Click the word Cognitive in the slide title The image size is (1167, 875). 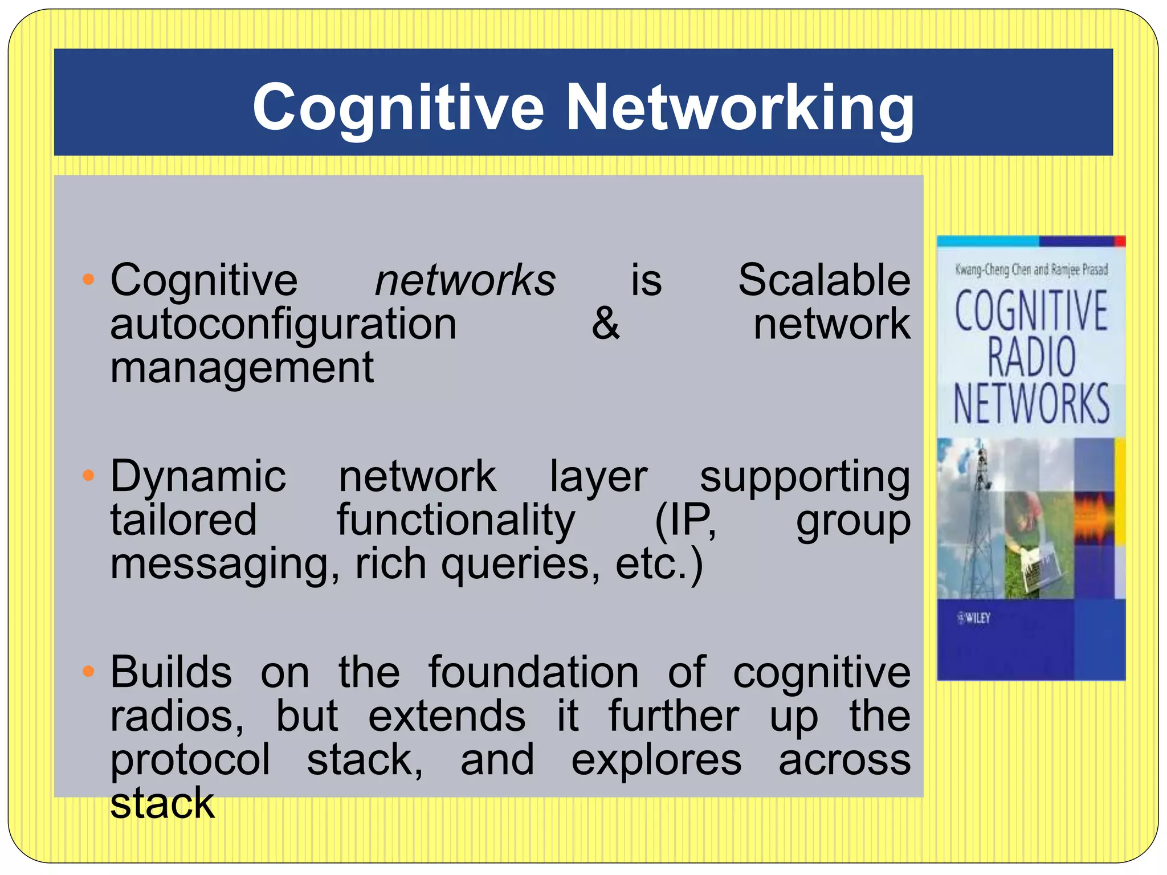click(398, 108)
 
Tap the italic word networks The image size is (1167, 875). click(465, 280)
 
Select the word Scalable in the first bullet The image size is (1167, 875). click(824, 280)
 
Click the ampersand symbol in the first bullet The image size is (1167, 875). click(605, 324)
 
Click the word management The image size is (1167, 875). click(242, 368)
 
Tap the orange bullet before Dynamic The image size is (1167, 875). click(88, 475)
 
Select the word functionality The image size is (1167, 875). click(456, 520)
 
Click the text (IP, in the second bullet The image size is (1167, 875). click(685, 520)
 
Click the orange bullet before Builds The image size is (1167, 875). click(88, 672)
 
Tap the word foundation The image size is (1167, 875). click(533, 673)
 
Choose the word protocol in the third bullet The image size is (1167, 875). click(190, 760)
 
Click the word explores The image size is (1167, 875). click(656, 760)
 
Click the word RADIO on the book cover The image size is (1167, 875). click(1031, 357)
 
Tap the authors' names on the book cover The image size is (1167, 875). click(1031, 269)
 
